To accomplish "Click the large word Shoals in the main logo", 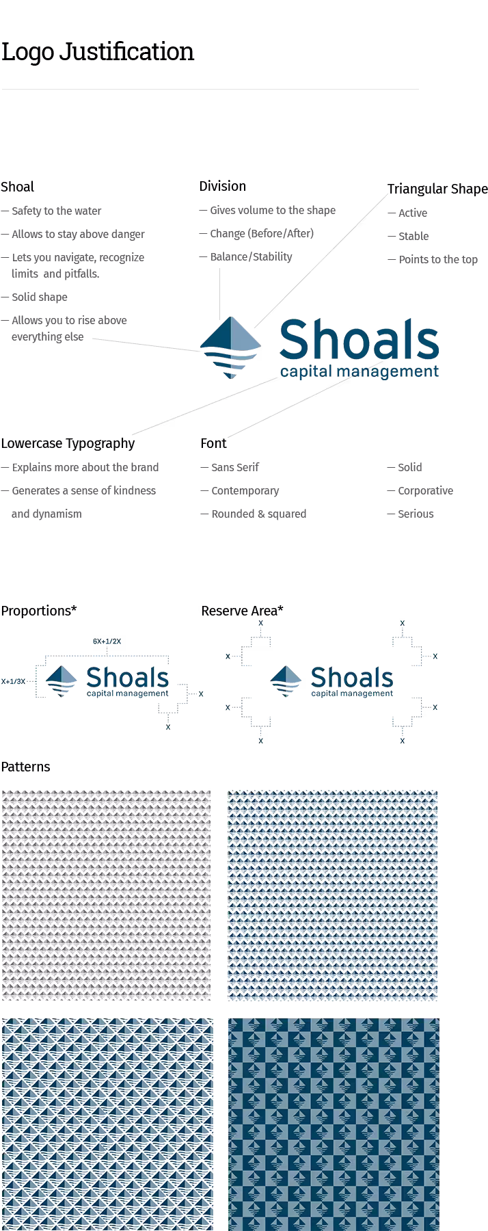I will click(358, 340).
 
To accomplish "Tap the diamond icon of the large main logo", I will click(230, 348).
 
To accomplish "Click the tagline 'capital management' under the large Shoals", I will click(359, 371).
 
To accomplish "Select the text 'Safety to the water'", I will click(56, 211).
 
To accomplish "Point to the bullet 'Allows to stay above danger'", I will click(78, 234).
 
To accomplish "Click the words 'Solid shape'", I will click(40, 297).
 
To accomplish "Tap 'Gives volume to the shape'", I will click(272, 210).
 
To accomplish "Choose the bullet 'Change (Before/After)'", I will click(261, 233).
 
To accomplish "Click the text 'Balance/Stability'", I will click(251, 256).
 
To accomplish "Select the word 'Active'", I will click(413, 213).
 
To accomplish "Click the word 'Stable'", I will click(414, 236).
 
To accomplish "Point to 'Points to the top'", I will click(438, 259).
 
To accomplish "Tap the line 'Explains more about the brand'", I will click(85, 467).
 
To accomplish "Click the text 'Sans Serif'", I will click(235, 467).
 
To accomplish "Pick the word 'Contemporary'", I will click(245, 490).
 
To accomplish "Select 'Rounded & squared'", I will click(258, 514).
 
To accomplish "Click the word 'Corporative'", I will click(425, 490).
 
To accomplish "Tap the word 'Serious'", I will click(416, 514).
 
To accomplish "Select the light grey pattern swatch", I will click(106, 895).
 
